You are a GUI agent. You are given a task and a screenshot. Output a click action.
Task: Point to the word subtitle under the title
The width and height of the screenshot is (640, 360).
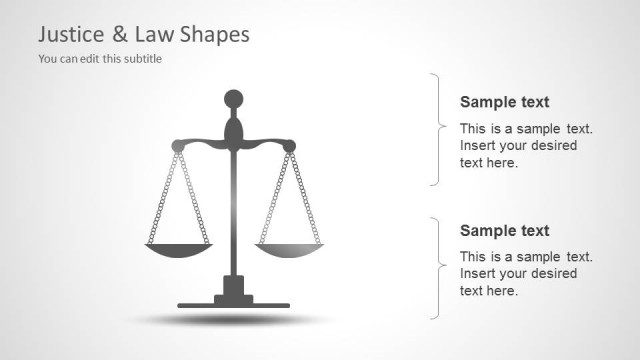[140, 58]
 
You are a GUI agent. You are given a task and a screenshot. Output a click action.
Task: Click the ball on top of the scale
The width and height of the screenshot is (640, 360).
[233, 99]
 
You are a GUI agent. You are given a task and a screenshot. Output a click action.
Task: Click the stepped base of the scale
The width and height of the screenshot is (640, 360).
[233, 296]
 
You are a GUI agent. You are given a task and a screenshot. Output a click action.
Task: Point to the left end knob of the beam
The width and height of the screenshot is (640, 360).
[178, 146]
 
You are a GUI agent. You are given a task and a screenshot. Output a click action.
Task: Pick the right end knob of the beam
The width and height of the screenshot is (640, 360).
[289, 146]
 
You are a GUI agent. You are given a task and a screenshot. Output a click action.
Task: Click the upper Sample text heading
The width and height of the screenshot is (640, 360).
[504, 102]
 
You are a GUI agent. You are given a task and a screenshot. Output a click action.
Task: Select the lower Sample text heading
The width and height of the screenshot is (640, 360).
[504, 231]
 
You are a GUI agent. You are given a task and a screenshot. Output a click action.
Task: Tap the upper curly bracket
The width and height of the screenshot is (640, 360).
[438, 128]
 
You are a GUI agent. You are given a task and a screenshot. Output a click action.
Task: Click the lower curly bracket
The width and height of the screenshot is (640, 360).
[438, 268]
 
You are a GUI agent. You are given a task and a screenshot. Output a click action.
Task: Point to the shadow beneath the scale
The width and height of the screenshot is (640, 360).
[233, 320]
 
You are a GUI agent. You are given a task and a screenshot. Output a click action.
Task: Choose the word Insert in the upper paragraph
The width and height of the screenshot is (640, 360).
[478, 145]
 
